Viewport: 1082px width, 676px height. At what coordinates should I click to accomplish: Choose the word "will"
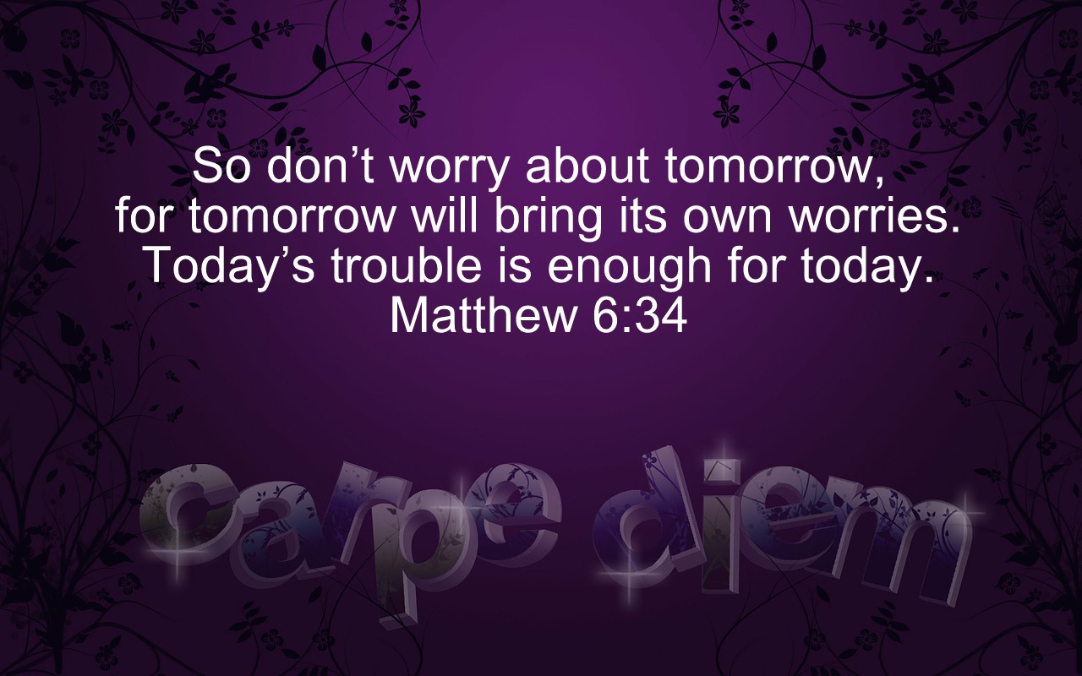tap(444, 215)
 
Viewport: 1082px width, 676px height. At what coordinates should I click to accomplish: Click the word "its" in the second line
tap(642, 215)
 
